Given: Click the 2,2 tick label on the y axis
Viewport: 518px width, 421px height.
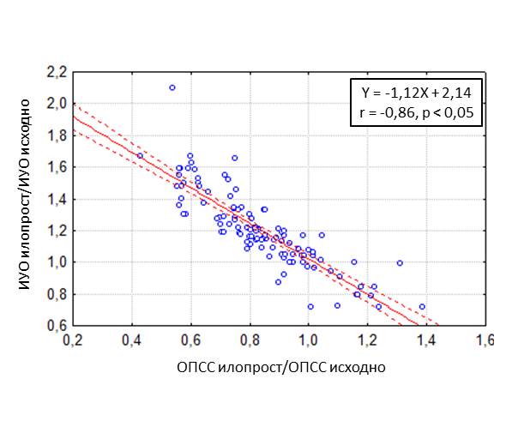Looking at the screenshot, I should (57, 73).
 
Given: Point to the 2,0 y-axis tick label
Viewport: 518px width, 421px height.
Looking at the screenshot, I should (57, 105).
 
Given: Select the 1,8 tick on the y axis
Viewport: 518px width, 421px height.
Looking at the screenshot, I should (57, 136).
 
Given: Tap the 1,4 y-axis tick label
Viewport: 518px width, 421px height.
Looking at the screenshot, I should (57, 199).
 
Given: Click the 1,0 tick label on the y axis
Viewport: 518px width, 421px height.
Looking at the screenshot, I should (57, 262).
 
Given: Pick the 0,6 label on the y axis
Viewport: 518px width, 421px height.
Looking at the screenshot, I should (57, 325).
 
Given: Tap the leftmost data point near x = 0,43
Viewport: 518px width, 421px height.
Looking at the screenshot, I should (140, 156).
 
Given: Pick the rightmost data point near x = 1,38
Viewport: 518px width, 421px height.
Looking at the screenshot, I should (421, 306).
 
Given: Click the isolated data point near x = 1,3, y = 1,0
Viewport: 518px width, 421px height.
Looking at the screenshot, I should (400, 263).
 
